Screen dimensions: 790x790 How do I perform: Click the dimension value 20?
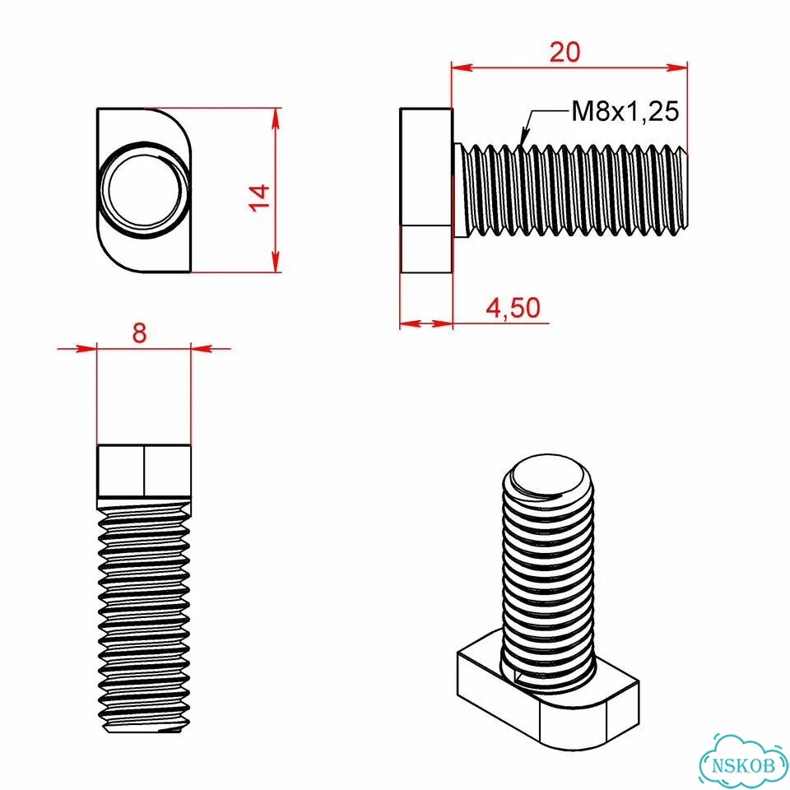coord(565,53)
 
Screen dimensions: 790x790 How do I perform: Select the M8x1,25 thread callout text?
coord(625,111)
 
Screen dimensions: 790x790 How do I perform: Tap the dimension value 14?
coord(260,198)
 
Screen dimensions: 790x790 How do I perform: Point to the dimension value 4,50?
coord(513,308)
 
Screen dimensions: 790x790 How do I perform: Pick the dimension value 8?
coord(139,332)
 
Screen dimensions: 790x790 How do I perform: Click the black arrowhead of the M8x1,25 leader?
coord(524,136)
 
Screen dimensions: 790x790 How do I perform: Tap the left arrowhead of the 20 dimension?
coord(462,67)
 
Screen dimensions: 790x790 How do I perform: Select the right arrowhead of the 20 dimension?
coord(676,67)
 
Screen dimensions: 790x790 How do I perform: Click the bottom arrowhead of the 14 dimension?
coord(275,262)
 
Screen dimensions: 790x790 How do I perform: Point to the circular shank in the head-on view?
coord(144,190)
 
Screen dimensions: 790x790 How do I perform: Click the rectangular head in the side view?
coord(426,190)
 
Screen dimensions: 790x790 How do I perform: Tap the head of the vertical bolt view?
coord(144,471)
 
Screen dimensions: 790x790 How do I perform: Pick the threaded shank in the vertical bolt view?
coord(144,615)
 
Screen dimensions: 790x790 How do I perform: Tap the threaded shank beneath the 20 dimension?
coord(571,190)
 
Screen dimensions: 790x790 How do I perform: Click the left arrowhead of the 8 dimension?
coord(86,348)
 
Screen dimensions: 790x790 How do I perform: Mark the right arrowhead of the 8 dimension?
coord(202,348)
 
